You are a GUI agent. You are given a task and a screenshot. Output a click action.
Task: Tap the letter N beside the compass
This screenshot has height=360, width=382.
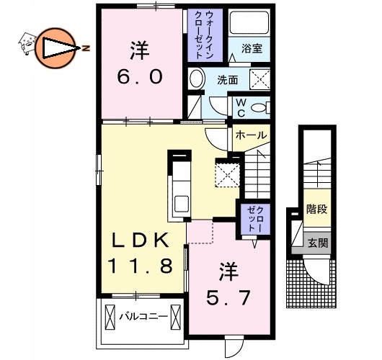pyautogui.click(x=86, y=48)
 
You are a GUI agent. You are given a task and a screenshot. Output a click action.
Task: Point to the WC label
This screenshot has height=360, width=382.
pyautogui.click(x=240, y=106)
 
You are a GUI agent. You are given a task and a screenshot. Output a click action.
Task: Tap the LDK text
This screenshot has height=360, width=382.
pyautogui.click(x=141, y=240)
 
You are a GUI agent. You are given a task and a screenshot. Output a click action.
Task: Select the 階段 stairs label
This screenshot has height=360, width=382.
pyautogui.click(x=317, y=210)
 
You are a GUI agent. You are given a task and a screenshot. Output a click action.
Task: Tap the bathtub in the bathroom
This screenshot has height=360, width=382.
pyautogui.click(x=249, y=28)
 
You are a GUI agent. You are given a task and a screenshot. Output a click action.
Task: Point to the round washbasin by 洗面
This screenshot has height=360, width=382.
pyautogui.click(x=196, y=79)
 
